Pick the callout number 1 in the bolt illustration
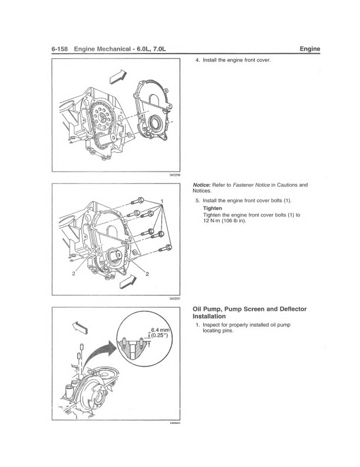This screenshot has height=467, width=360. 161,202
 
